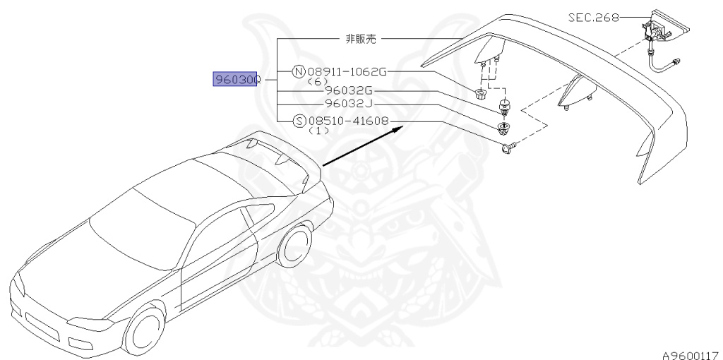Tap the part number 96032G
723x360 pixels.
[349, 90]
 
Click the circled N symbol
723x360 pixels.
[299, 71]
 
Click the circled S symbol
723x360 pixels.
[299, 121]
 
